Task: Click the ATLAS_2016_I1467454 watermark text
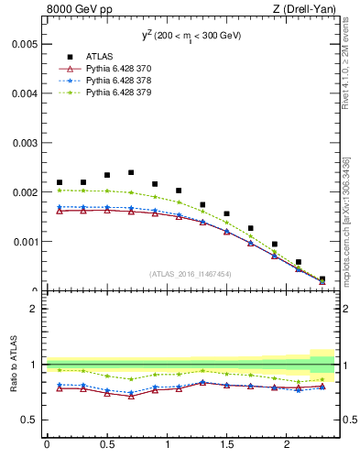tap(190, 273)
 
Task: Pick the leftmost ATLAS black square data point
tap(60, 182)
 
